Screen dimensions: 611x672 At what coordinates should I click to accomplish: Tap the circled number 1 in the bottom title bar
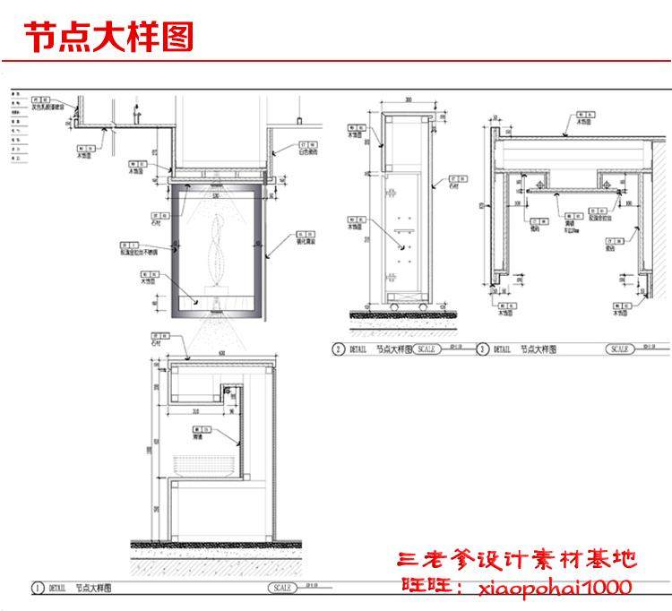[x=38, y=589]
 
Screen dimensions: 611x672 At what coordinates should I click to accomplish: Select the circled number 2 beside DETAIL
[x=338, y=349]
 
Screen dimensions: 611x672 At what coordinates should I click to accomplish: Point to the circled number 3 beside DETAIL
[x=483, y=349]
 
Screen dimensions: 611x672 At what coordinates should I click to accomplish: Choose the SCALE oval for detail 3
[x=619, y=349]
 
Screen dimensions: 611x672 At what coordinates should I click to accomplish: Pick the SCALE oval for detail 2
[x=426, y=349]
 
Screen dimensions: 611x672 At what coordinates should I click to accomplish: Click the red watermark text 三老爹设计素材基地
[x=517, y=560]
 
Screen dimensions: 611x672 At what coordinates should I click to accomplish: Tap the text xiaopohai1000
[x=555, y=588]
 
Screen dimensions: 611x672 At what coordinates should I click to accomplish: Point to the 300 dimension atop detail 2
[x=408, y=99]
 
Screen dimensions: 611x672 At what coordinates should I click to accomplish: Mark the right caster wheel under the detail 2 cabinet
[x=422, y=308]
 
